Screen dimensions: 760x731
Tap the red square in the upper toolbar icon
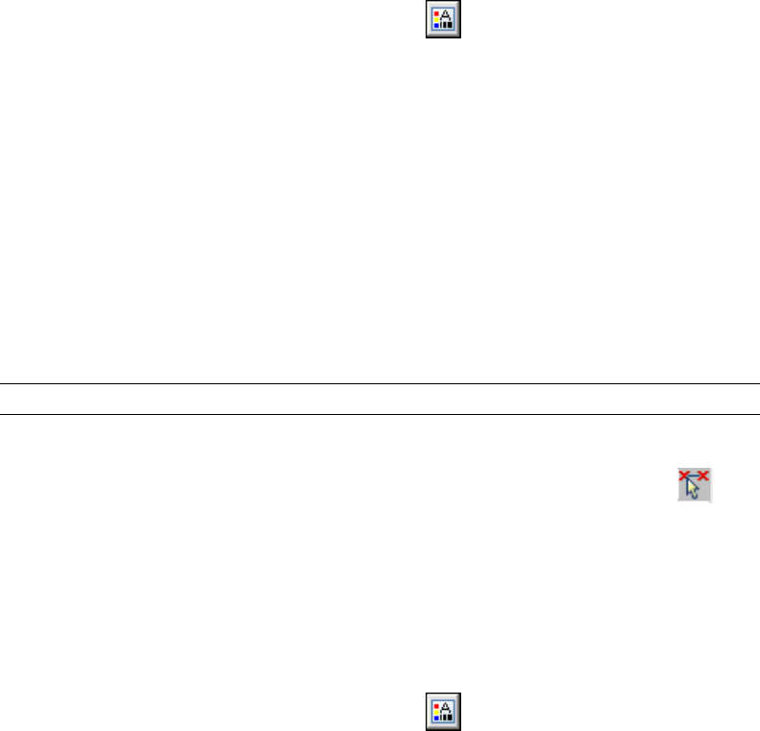pos(437,12)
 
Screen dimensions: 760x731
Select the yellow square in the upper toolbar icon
pos(437,19)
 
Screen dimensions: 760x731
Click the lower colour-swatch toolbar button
pos(444,709)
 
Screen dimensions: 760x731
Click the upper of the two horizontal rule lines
pos(380,384)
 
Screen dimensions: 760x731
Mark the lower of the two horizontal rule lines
pos(380,415)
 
